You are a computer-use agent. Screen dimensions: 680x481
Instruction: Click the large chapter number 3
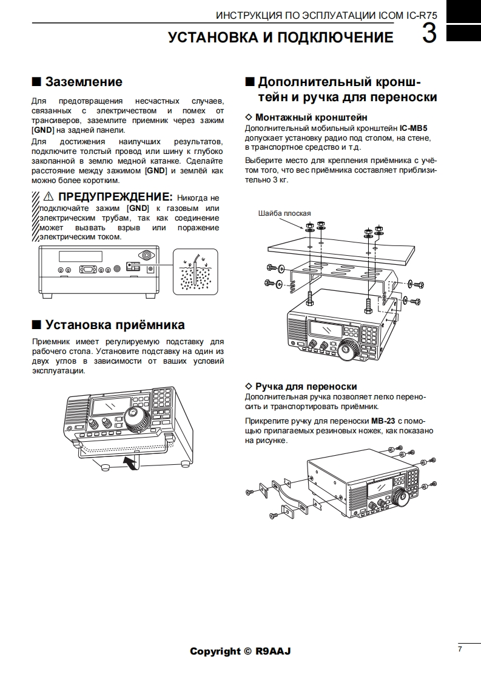click(x=429, y=34)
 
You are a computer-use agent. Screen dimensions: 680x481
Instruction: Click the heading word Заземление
click(x=84, y=82)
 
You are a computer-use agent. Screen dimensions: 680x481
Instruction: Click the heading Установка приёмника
click(x=115, y=325)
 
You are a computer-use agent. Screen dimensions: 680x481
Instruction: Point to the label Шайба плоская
click(x=284, y=213)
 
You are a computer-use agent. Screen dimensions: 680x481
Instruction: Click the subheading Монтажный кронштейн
click(x=311, y=117)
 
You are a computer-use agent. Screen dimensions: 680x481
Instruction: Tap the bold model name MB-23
click(x=383, y=420)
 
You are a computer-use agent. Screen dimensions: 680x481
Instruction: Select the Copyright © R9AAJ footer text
click(x=240, y=652)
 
